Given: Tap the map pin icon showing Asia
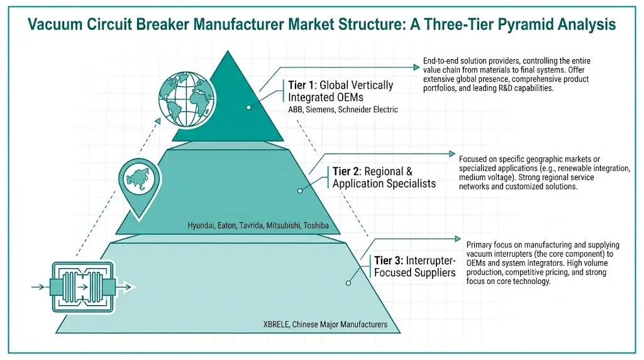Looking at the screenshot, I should click(x=136, y=178).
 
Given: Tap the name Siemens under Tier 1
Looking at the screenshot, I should click(x=325, y=110).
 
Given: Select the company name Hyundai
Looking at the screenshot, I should click(x=204, y=225).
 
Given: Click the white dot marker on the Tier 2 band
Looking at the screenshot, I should click(x=300, y=190).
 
